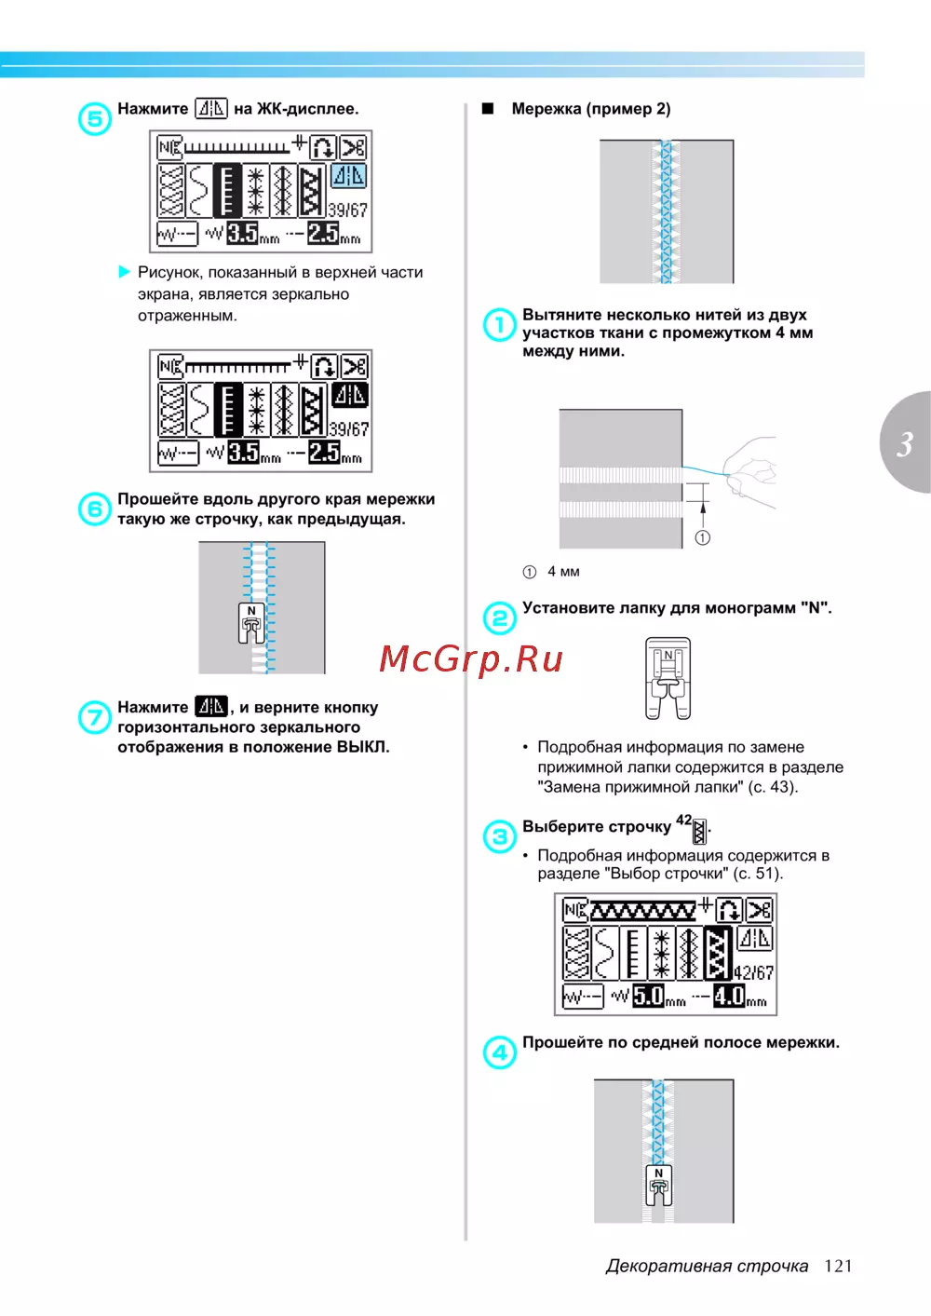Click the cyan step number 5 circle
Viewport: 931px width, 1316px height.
point(95,118)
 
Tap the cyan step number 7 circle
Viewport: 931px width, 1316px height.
point(95,717)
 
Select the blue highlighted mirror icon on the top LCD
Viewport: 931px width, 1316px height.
point(349,176)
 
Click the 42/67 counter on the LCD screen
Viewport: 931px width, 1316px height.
point(753,973)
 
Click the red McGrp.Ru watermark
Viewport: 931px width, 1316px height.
point(471,658)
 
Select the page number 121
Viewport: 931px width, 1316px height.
point(838,1266)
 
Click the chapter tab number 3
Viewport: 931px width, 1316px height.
point(905,443)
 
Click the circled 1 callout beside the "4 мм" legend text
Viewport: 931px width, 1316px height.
point(529,572)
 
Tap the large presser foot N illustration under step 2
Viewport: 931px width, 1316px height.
point(668,679)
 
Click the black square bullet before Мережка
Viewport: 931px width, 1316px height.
point(488,109)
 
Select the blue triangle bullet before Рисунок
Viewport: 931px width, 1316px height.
point(124,271)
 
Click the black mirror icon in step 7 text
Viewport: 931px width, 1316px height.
point(210,706)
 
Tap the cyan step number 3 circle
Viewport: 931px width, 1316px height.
point(499,836)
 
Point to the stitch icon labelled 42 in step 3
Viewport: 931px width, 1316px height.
point(699,832)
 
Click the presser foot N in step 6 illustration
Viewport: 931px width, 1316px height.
point(251,623)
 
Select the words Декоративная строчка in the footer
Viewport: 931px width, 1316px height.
point(708,1266)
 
